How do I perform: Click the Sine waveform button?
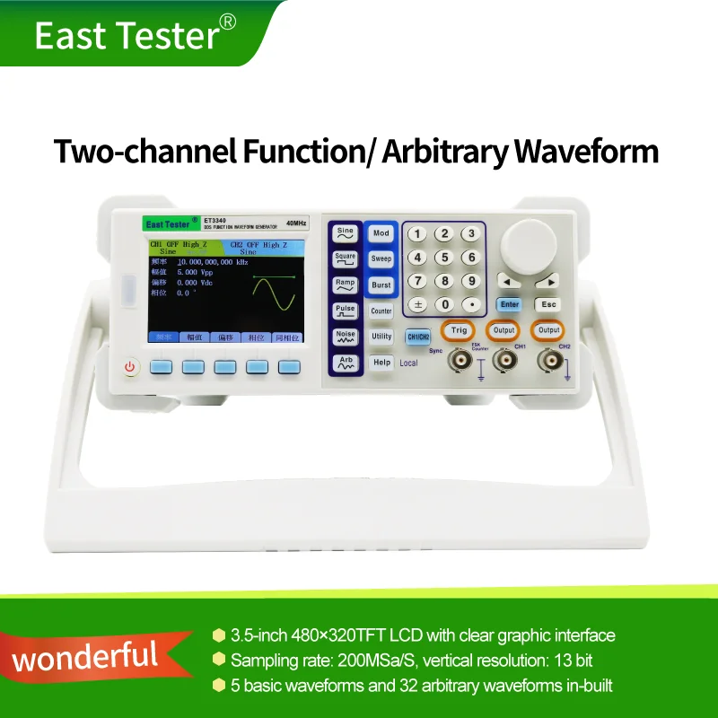345,234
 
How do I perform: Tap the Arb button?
345,363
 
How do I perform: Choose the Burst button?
381,285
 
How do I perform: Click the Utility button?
381,337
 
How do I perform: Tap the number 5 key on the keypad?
443,258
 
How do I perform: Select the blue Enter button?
509,304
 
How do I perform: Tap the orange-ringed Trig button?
460,330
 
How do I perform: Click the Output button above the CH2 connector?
548,330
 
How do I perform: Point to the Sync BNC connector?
461,361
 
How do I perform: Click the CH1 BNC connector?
505,361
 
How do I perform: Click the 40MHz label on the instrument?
298,222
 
